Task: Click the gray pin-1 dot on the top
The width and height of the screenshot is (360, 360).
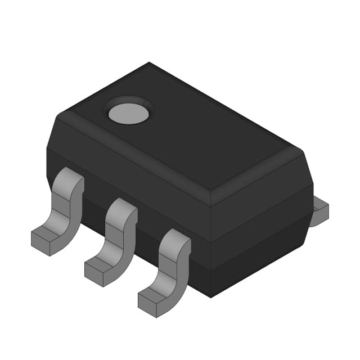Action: click(128, 113)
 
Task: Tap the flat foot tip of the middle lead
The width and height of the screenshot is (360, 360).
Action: click(99, 270)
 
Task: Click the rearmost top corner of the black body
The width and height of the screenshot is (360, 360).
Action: click(149, 63)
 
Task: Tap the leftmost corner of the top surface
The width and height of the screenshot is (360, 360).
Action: click(60, 115)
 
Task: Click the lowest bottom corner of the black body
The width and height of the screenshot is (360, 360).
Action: click(211, 297)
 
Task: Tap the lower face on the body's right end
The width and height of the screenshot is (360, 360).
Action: click(262, 247)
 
